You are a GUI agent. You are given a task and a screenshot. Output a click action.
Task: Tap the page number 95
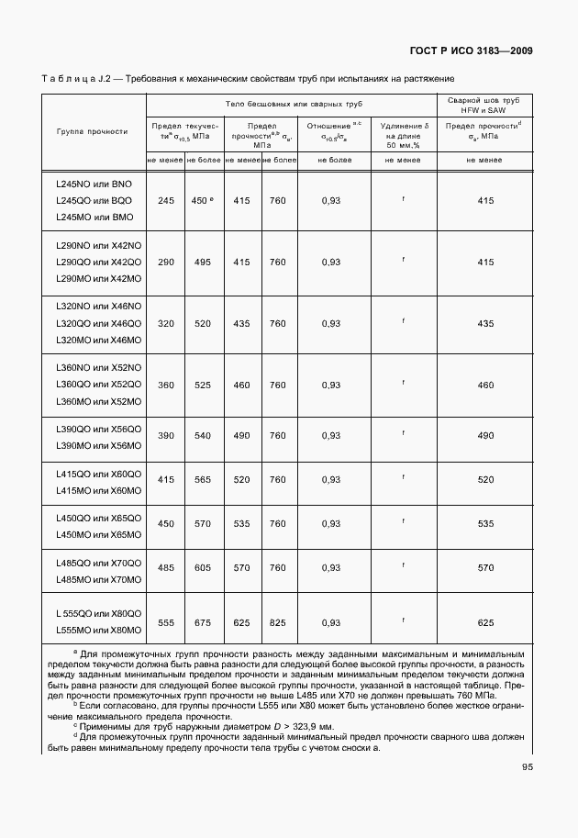528,767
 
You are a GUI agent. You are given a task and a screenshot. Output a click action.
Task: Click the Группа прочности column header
92,131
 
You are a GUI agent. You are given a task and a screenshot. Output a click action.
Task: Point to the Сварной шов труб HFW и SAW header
484,103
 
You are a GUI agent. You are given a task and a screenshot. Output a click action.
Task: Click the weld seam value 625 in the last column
485,623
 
